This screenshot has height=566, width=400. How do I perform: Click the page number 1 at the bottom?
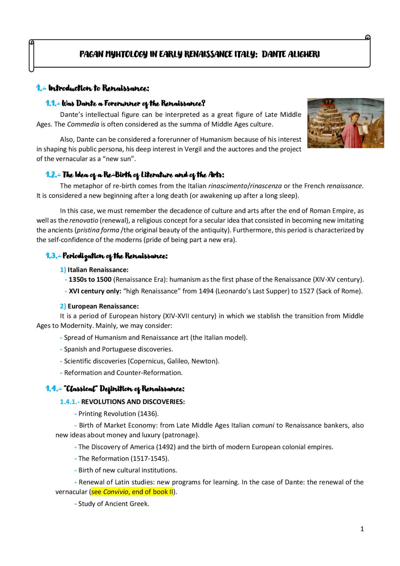point(362,529)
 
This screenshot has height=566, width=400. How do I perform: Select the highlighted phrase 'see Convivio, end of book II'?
point(132,492)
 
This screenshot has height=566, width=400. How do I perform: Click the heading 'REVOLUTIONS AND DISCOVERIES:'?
point(133,402)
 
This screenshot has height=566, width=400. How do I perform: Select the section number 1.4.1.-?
point(70,402)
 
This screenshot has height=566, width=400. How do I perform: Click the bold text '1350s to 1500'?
point(90,279)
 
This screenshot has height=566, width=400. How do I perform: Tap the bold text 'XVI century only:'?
point(95,291)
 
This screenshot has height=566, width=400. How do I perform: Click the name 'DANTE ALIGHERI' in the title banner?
point(291,54)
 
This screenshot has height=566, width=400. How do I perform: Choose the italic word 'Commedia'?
point(83,124)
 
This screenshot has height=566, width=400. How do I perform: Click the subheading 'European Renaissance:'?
point(103,306)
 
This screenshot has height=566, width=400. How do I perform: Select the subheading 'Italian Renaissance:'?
point(98,270)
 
